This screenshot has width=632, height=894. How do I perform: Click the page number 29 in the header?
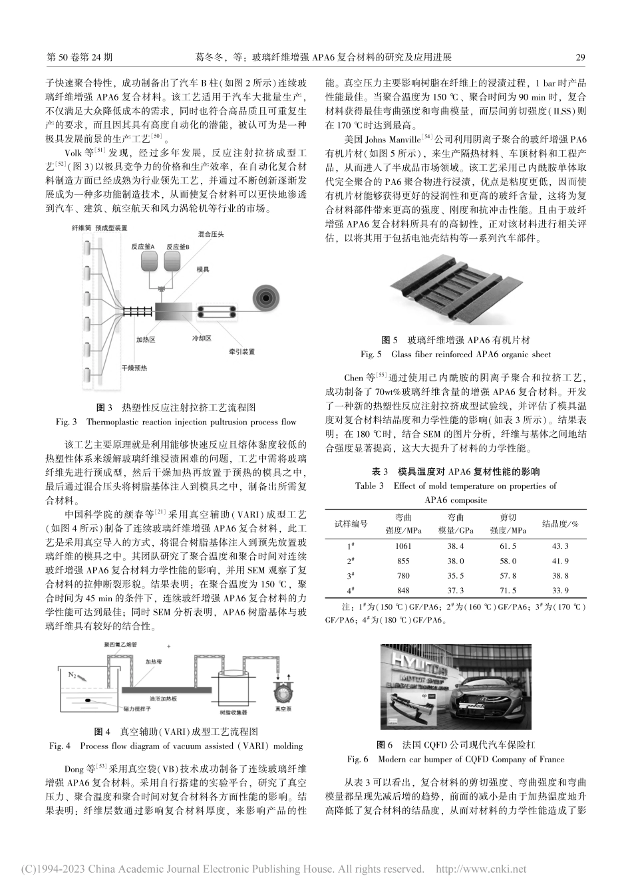[579, 58]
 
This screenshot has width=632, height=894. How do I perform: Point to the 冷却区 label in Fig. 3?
[202, 338]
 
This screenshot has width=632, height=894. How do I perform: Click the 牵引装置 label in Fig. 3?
[241, 351]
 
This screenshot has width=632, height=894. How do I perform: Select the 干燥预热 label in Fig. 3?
[134, 367]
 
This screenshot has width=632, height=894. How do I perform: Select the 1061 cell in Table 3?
[402, 546]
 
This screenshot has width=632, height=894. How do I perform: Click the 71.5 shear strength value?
[508, 590]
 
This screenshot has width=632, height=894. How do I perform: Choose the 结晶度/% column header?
[560, 523]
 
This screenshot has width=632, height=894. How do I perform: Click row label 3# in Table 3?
[350, 575]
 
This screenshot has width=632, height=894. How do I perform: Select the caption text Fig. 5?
[371, 354]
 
